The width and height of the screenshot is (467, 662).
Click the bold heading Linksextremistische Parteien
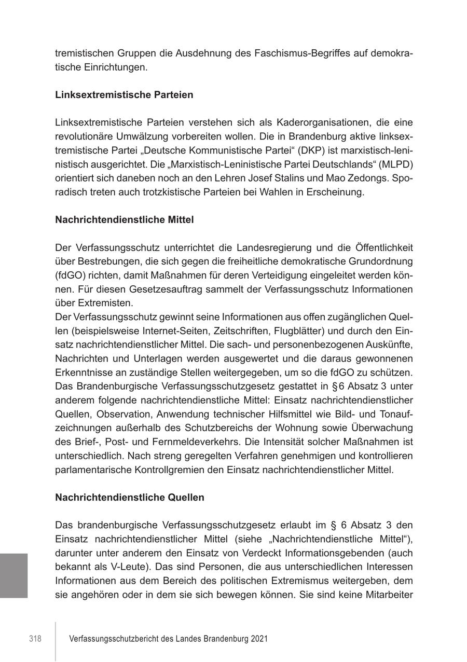tap(124, 95)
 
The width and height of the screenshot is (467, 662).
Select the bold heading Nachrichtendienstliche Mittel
tap(125, 219)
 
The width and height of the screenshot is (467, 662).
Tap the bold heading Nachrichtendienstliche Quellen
tap(130, 497)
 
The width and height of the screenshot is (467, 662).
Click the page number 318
tap(35, 639)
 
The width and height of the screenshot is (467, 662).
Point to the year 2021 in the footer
tap(258, 639)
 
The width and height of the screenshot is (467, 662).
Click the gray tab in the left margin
tap(13, 575)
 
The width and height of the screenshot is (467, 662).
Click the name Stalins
tap(288, 178)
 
